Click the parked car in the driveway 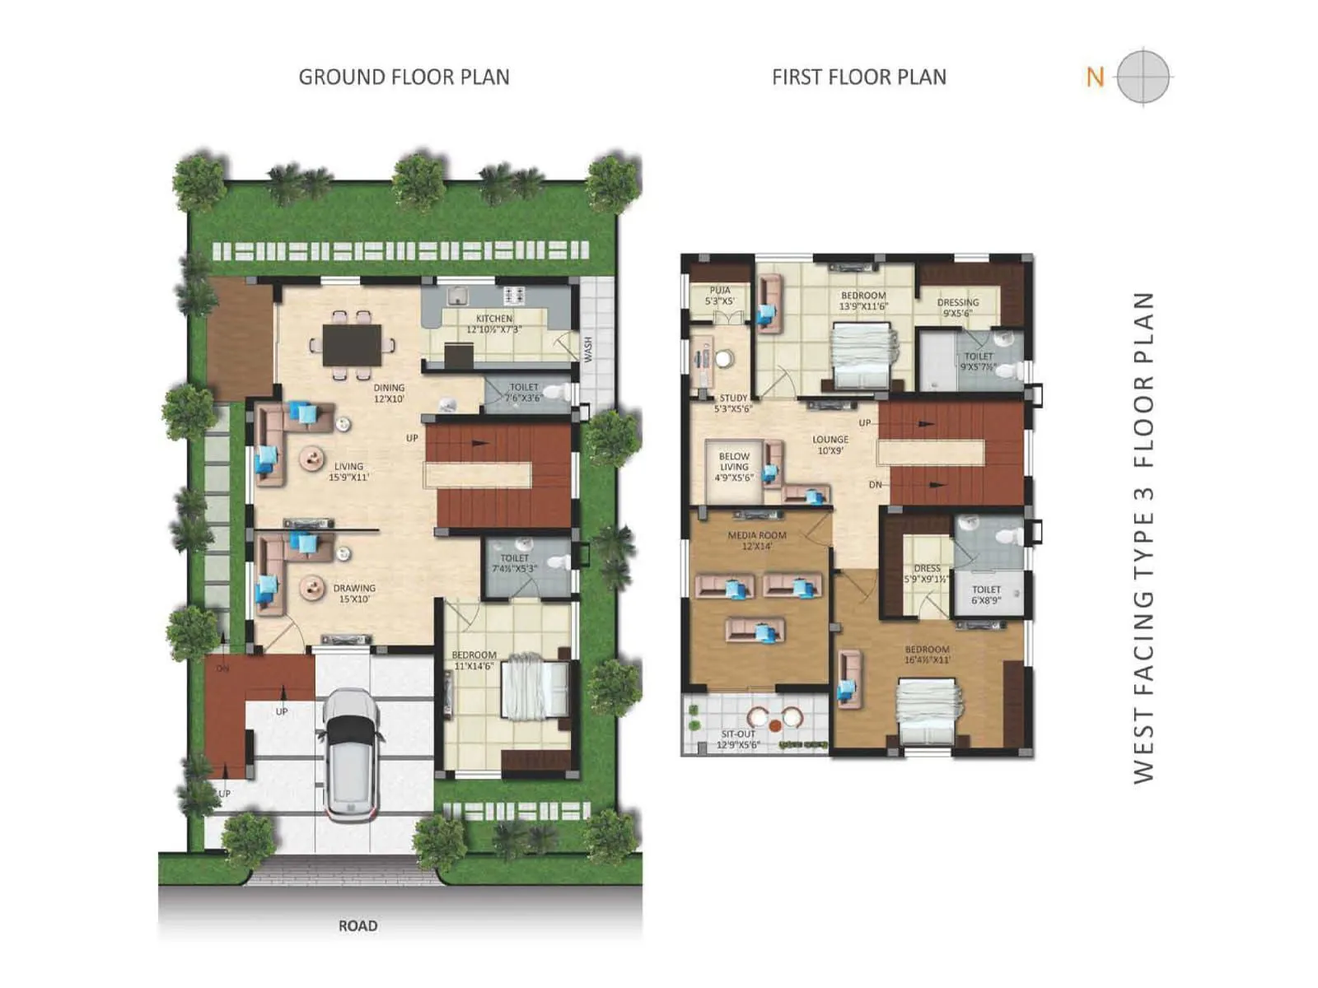click(352, 753)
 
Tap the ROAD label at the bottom click(358, 925)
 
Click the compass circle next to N click(1143, 77)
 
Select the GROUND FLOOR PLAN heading click(404, 77)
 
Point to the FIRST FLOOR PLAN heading click(858, 77)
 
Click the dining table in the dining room click(353, 345)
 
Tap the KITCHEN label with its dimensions click(494, 324)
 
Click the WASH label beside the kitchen click(588, 348)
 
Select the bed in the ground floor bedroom click(535, 686)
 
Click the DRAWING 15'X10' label click(354, 594)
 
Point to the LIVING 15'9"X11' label click(349, 471)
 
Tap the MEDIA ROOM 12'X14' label click(756, 540)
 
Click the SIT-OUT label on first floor click(738, 739)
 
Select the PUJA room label click(720, 296)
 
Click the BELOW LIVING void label click(734, 467)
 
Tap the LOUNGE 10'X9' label click(830, 445)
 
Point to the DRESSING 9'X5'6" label click(958, 307)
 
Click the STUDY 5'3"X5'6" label click(733, 403)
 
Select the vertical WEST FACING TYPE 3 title click(1143, 537)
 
